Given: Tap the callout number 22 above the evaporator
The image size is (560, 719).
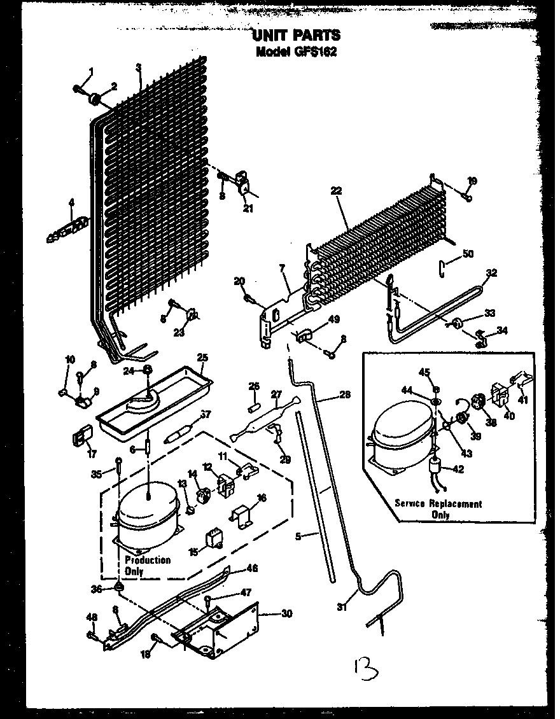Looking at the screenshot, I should click(337, 190).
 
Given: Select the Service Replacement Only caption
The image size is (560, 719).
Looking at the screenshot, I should click(438, 508).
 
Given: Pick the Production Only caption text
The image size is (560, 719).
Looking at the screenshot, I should click(147, 565).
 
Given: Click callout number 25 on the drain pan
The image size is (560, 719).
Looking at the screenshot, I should click(202, 358).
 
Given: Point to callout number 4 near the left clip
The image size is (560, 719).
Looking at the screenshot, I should click(71, 203).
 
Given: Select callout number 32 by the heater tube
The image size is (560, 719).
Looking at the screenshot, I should click(491, 273).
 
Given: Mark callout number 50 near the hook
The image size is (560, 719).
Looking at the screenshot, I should click(468, 254).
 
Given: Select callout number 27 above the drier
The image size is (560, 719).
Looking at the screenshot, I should click(276, 394).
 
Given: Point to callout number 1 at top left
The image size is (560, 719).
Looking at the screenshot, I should click(91, 71).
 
